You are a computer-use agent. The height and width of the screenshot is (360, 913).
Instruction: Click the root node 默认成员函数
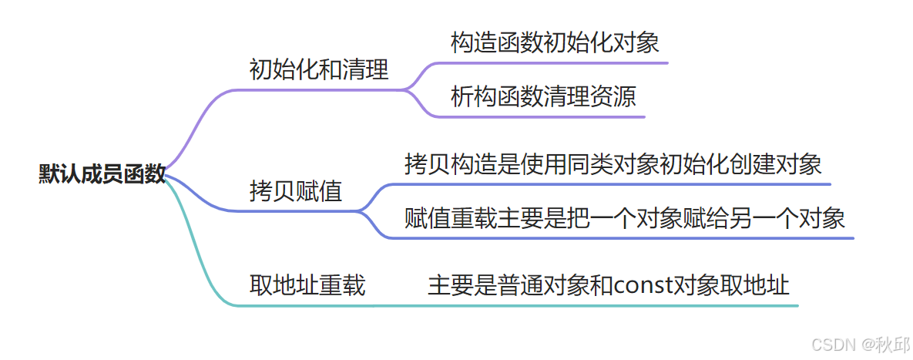click(x=102, y=174)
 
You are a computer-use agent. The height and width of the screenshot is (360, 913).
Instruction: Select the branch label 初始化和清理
click(x=319, y=70)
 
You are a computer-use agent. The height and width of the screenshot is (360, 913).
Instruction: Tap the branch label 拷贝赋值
click(x=296, y=191)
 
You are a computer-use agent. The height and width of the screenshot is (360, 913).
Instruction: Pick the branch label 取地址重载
click(x=307, y=286)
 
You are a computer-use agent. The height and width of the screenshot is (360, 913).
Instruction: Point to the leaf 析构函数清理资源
click(x=543, y=98)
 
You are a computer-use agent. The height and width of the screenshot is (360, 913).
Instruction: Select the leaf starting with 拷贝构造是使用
click(x=613, y=164)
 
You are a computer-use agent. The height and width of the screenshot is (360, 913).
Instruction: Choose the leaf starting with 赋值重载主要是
click(x=625, y=218)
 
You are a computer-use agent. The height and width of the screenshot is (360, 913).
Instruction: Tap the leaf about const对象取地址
click(x=609, y=286)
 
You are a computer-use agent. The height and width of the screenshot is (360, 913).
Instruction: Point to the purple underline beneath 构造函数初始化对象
click(x=555, y=62)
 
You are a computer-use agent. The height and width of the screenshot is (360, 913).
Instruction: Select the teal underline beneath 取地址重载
click(x=307, y=305)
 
